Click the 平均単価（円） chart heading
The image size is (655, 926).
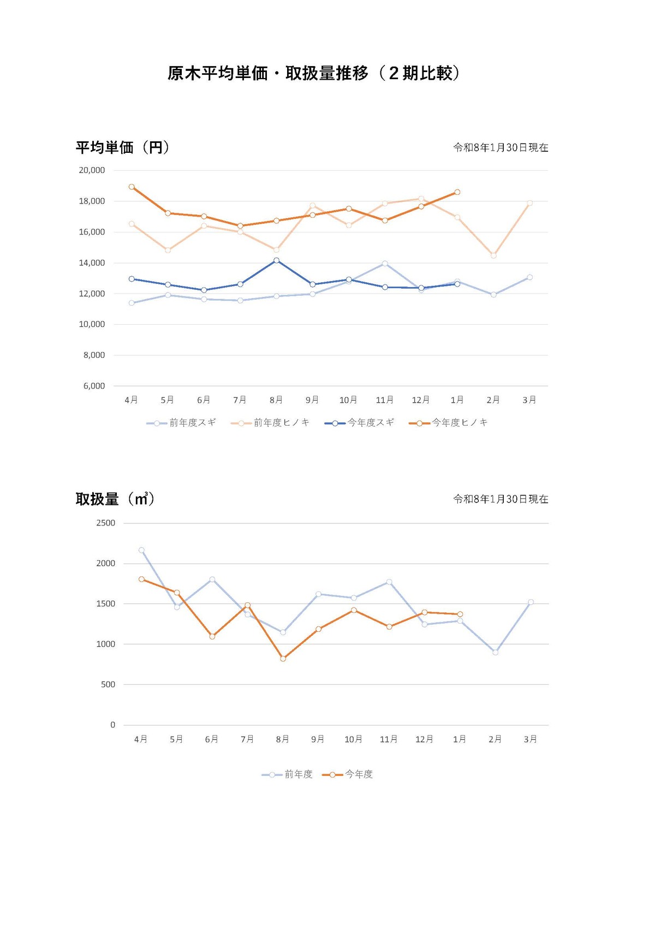(x=122, y=147)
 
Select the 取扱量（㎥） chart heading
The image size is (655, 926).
(x=115, y=499)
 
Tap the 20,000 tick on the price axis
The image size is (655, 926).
(x=92, y=170)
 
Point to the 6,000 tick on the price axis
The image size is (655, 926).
(x=94, y=386)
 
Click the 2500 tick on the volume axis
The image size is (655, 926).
(x=106, y=523)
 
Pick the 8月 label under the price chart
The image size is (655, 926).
(x=276, y=400)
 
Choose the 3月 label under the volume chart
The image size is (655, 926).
(x=530, y=739)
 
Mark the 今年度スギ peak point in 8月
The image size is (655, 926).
(x=276, y=260)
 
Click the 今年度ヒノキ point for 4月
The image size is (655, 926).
(x=132, y=187)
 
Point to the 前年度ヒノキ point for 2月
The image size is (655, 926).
(x=493, y=255)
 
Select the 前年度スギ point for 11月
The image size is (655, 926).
(x=385, y=264)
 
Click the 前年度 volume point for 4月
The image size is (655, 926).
(x=141, y=550)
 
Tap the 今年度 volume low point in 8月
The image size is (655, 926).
(x=283, y=659)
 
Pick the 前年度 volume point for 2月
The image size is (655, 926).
(x=495, y=652)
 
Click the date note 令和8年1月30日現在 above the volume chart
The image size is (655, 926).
(x=501, y=499)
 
